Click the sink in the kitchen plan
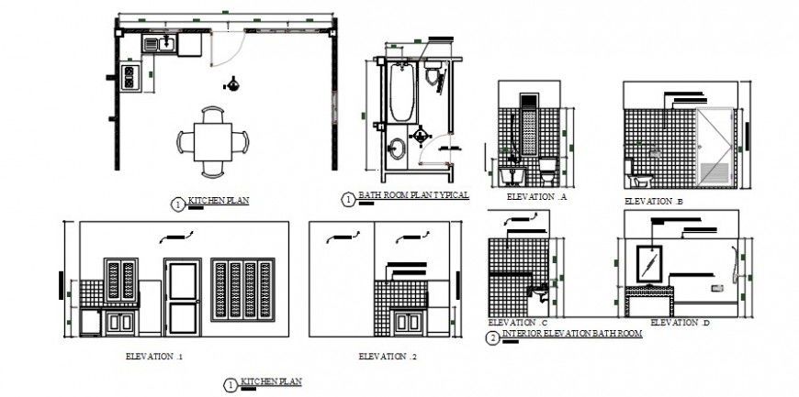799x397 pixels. pos(166,42)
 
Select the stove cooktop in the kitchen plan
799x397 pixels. pos(129,77)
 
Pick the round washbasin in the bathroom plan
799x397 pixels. pos(397,149)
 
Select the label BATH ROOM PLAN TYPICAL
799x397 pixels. pos(413,195)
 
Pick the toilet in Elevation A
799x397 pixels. pos(548,170)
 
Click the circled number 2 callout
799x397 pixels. pos(493,338)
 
